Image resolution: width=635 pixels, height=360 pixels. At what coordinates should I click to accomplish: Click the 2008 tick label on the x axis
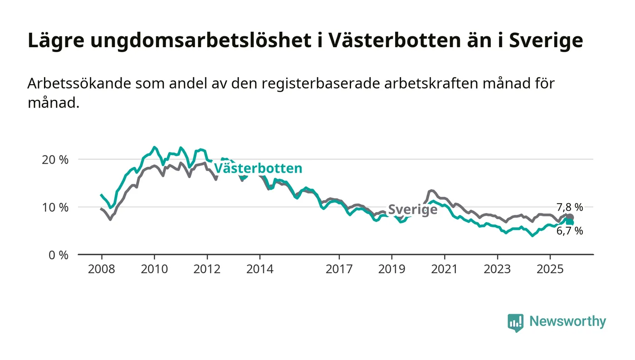[101, 269]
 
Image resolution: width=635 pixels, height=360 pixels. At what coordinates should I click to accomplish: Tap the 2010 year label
[154, 269]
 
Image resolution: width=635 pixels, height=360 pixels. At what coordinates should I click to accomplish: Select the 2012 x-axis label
[206, 269]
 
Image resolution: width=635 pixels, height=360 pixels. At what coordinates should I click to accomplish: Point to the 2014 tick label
[259, 269]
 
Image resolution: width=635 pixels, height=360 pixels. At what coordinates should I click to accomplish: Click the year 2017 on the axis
[339, 269]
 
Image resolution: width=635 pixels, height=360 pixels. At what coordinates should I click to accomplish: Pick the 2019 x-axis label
[391, 269]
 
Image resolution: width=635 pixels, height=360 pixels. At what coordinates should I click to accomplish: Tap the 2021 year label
[444, 269]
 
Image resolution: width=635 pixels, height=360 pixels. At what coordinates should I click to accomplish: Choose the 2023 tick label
[497, 269]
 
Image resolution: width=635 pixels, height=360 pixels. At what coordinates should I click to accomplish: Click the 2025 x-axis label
[550, 269]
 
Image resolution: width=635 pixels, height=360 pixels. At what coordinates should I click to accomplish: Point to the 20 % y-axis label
[58, 160]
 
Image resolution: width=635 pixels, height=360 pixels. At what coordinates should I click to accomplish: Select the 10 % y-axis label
[58, 207]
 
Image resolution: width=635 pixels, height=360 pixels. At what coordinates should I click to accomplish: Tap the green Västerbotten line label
[258, 169]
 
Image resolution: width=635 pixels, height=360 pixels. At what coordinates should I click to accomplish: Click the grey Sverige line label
[412, 209]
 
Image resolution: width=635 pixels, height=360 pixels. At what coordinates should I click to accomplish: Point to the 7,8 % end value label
[570, 207]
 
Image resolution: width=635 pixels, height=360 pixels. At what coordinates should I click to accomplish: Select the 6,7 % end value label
[570, 231]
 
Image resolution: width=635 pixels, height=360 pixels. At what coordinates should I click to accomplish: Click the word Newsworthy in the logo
[567, 321]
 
